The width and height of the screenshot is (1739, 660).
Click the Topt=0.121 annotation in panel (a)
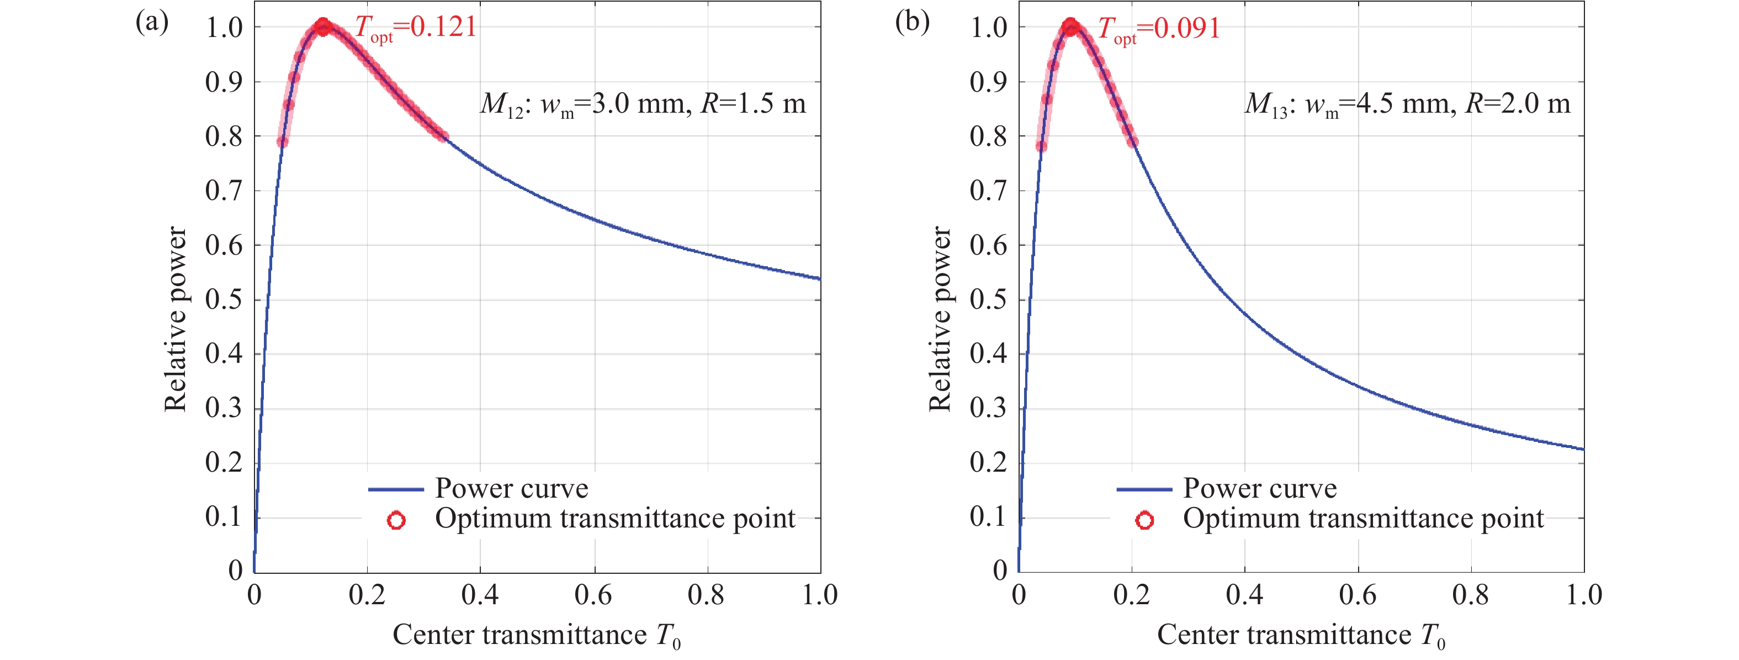[416, 28]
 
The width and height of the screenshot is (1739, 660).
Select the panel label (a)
[152, 22]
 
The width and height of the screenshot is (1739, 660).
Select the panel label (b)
[912, 22]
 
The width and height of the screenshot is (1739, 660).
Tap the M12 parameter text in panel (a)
[643, 105]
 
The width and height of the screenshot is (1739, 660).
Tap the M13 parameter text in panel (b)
[1408, 105]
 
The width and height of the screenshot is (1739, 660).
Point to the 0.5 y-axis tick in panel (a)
[224, 300]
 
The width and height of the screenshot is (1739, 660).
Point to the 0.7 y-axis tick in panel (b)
[988, 191]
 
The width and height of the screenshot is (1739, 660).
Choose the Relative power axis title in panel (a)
[176, 319]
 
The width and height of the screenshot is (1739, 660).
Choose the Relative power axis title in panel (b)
[940, 319]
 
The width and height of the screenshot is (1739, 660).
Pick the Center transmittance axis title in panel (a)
[537, 636]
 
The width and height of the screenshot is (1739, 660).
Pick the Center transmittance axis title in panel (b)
[1301, 636]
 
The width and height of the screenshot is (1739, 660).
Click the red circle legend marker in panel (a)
[396, 520]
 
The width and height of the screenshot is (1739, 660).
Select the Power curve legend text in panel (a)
[512, 488]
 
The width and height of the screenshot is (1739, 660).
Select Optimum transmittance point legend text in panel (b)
[1364, 519]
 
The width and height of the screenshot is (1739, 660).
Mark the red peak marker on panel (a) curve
[323, 28]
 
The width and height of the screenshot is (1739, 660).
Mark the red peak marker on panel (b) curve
[1070, 28]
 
